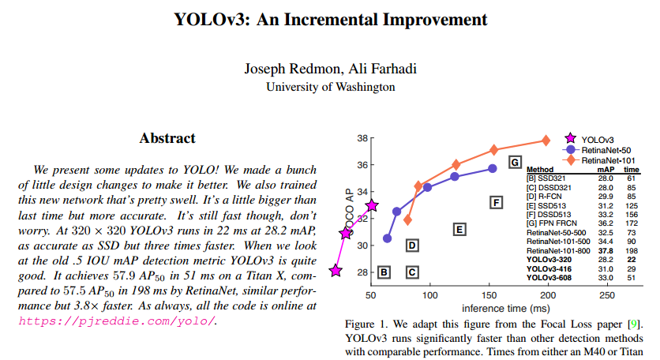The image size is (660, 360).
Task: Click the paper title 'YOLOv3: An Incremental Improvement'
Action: (330, 19)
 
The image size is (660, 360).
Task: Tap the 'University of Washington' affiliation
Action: (330, 87)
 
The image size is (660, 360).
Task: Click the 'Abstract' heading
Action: (167, 138)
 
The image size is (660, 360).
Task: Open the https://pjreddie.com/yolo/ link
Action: (116, 321)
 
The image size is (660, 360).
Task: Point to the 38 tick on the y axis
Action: (360, 138)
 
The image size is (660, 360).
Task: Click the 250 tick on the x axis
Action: (606, 294)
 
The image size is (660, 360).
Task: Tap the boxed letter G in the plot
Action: (515, 163)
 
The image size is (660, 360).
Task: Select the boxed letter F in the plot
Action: (496, 203)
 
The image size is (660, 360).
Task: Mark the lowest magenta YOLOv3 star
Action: (336, 271)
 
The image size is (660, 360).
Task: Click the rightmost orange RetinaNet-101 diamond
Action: (546, 141)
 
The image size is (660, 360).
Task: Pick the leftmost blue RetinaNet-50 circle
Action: (387, 238)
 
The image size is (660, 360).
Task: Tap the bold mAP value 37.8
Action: (606, 251)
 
